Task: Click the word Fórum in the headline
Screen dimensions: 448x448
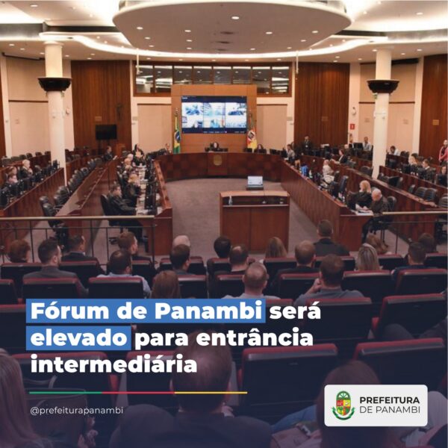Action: (69, 311)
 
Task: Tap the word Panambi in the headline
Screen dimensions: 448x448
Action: (208, 311)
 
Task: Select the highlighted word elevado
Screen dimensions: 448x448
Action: (78, 338)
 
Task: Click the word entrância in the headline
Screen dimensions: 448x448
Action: (255, 338)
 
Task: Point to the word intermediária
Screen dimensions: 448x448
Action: (113, 364)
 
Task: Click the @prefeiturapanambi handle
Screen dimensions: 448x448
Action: (77, 410)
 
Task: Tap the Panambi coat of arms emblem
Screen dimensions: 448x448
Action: (343, 405)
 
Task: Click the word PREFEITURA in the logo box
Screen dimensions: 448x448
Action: (390, 400)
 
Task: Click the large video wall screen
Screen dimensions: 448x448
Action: (214, 114)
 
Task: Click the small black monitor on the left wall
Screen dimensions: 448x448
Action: (106, 132)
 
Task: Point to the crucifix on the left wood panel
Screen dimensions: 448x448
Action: (119, 111)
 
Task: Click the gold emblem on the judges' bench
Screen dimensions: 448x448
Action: (218, 160)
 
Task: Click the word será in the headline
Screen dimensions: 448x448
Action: (295, 311)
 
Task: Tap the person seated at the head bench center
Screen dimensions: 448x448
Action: (214, 146)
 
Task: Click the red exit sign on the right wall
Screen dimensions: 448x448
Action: (352, 125)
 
